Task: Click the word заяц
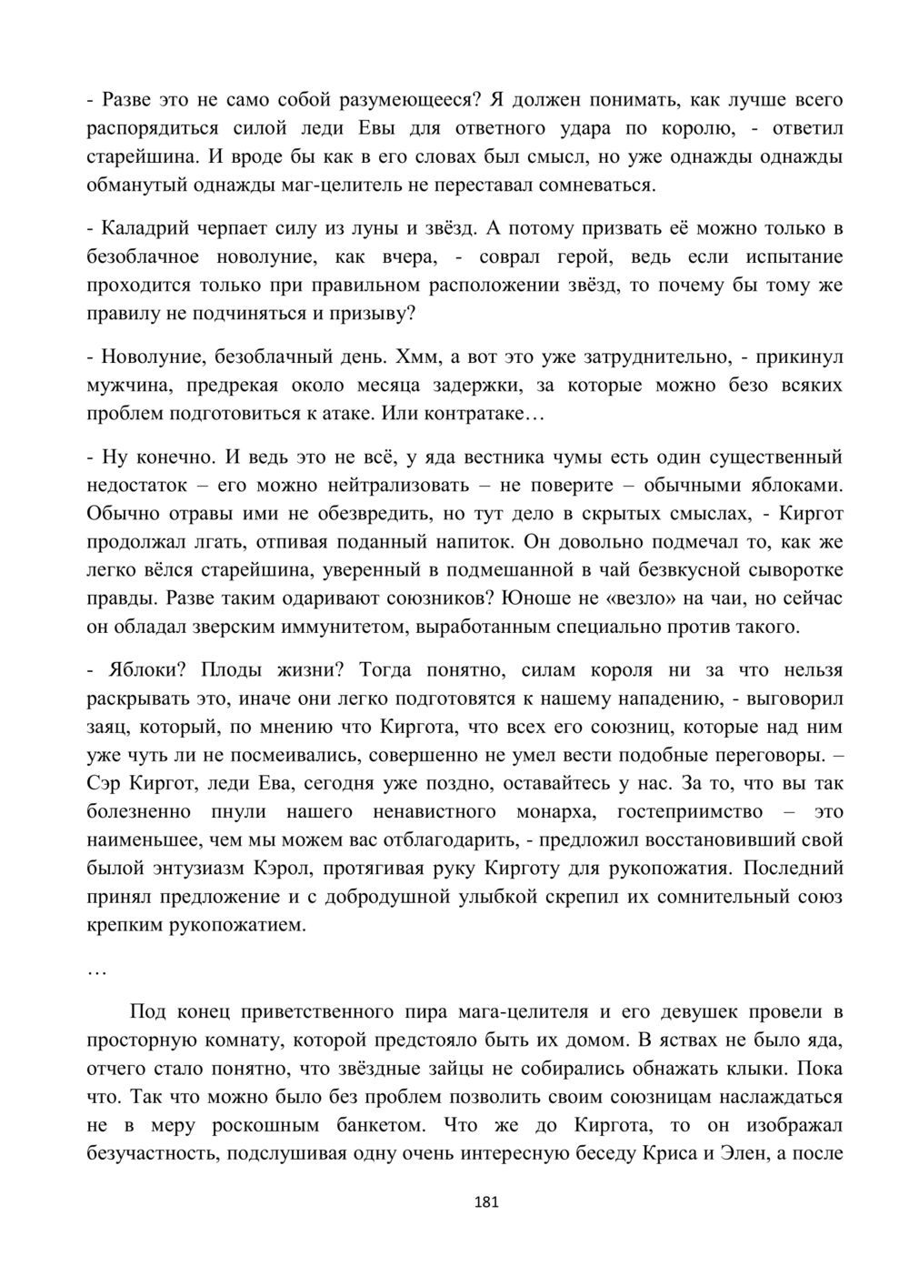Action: coord(107,728)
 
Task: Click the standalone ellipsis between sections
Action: coord(97,970)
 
